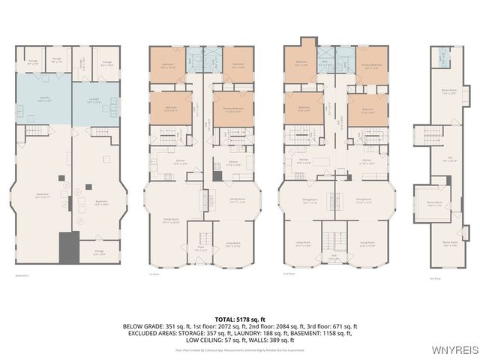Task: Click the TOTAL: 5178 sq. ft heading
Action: pyautogui.click(x=240, y=319)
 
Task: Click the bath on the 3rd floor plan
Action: pyautogui.click(x=443, y=55)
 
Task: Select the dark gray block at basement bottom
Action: pyautogui.click(x=69, y=247)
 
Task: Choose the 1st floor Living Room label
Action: pyautogui.click(x=232, y=244)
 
